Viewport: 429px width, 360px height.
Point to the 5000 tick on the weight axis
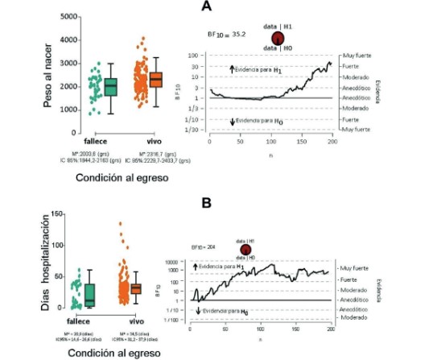[69, 16]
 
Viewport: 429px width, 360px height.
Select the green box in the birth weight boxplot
[110, 85]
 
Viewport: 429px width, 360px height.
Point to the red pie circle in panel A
[278, 38]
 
